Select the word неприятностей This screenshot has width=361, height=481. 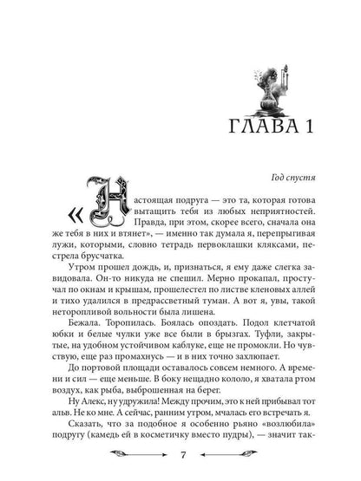[271, 210]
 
